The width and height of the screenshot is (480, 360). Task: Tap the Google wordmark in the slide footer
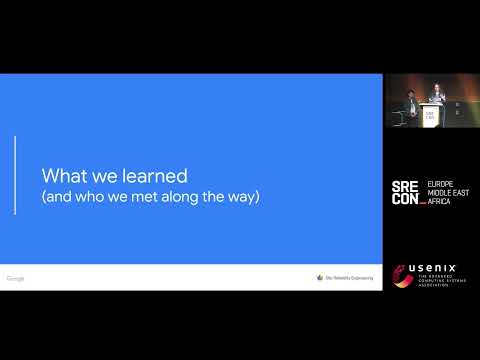tap(15, 278)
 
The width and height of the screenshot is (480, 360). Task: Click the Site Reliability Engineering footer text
tap(349, 278)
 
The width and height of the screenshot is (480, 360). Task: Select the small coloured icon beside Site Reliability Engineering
tap(320, 278)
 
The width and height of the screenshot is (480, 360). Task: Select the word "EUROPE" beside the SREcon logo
tap(442, 185)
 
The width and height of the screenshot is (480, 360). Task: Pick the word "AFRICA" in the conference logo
tap(440, 201)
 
